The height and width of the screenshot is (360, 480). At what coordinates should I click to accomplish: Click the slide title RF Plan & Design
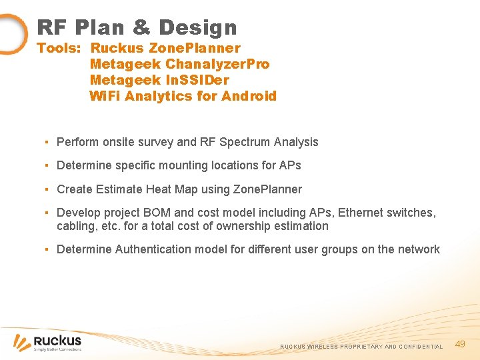click(137, 27)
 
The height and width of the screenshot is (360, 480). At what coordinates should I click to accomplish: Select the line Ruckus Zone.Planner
click(165, 48)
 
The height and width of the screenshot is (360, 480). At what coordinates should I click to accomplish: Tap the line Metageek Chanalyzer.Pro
click(179, 64)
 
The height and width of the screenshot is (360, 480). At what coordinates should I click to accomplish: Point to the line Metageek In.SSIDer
click(159, 80)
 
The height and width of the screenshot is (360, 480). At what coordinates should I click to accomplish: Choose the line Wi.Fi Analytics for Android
click(183, 96)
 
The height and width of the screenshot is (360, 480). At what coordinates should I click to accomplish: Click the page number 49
click(459, 344)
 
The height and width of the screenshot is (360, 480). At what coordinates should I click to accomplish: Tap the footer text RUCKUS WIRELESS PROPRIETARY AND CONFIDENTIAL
click(361, 347)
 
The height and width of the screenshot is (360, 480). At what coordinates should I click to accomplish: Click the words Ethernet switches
click(387, 213)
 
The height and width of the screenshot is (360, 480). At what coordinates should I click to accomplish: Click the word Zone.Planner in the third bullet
click(267, 189)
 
